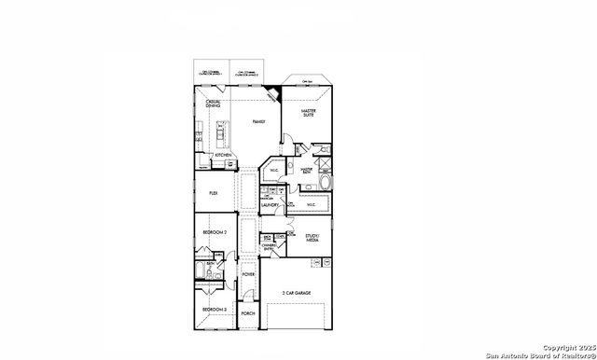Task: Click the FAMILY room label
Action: tap(259, 121)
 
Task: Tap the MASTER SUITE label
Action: tap(309, 113)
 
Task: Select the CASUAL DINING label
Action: tap(214, 104)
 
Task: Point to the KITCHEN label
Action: tap(223, 155)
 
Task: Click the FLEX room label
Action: tap(214, 192)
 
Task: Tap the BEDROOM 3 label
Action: tap(215, 309)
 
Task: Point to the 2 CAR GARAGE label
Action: tap(297, 293)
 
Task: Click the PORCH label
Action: tap(248, 313)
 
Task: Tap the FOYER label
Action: tap(248, 274)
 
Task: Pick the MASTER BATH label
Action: tap(305, 170)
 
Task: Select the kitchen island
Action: tap(221, 134)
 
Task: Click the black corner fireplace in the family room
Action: tap(273, 93)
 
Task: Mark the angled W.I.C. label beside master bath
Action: tap(275, 171)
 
